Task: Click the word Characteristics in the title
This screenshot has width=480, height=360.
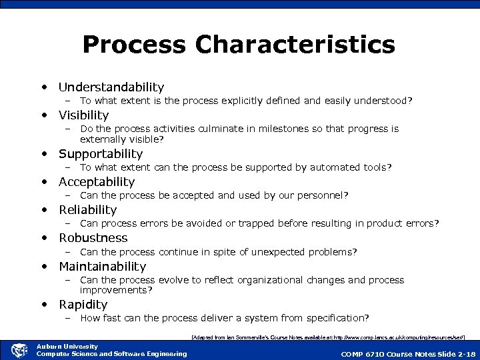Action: (295, 45)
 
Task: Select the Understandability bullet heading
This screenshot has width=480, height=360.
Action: (111, 87)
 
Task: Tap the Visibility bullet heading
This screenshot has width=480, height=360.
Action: (83, 115)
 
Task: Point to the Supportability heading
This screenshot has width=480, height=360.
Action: (101, 154)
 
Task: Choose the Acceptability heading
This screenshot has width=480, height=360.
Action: (97, 182)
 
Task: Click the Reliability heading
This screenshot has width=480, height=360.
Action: (87, 210)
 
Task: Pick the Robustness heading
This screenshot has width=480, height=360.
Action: (93, 238)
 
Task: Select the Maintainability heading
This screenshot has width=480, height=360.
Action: (102, 267)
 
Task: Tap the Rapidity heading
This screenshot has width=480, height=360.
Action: (83, 305)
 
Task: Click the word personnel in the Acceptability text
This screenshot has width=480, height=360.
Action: (323, 195)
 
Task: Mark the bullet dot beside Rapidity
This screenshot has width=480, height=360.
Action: (44, 305)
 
